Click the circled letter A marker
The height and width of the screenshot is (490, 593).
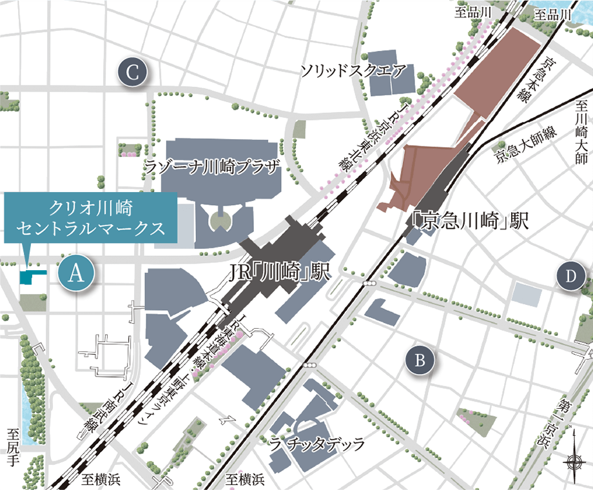click(x=76, y=273)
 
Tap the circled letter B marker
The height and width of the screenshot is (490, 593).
click(x=420, y=360)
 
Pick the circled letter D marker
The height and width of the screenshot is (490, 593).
click(x=570, y=277)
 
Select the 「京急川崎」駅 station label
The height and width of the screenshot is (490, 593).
click(x=470, y=222)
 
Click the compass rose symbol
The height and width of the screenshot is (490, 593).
click(x=572, y=459)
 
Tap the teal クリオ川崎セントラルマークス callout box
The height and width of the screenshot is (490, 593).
click(x=91, y=219)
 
